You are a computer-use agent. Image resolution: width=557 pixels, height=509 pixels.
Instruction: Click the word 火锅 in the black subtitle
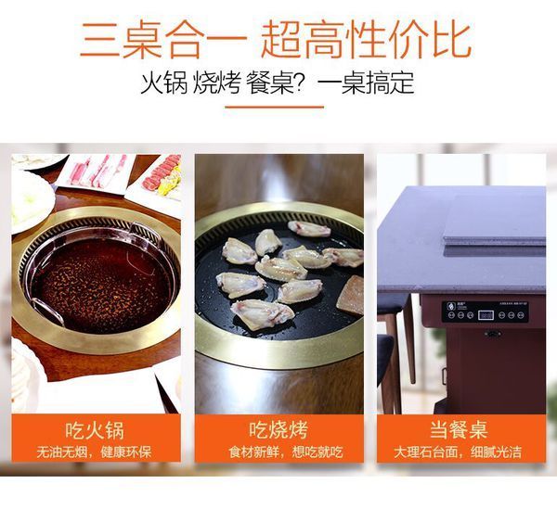[163, 83]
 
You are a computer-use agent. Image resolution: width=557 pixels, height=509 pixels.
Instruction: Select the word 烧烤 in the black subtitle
[216, 83]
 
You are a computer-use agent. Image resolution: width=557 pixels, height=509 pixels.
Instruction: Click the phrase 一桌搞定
[366, 83]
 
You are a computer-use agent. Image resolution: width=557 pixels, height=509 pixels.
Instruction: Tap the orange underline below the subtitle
[275, 107]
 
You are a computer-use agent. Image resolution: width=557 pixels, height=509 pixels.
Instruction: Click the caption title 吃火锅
[95, 430]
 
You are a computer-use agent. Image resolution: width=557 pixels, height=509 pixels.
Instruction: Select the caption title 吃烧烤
[278, 430]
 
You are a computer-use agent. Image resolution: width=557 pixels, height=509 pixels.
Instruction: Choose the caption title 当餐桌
[459, 429]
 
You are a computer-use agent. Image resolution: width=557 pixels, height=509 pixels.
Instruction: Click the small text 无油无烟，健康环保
[94, 452]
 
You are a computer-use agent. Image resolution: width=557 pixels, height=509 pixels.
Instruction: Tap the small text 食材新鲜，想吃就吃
[286, 452]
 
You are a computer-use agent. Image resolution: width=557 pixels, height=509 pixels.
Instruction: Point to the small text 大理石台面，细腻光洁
[458, 452]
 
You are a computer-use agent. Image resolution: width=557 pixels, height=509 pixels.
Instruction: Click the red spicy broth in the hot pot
[101, 284]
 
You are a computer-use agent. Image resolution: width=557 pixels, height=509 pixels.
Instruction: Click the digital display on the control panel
[486, 314]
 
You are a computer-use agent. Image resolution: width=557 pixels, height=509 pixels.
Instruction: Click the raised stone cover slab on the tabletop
[495, 220]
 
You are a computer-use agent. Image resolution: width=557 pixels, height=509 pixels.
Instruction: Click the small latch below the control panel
[493, 334]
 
